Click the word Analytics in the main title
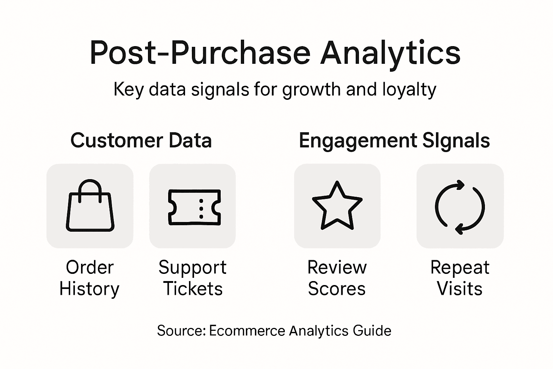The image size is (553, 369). coord(390,53)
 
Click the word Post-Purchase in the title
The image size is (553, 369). coord(200,53)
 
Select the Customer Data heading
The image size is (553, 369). coord(141,140)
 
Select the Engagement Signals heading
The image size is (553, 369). coord(394,141)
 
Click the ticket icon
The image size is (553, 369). coord(194,207)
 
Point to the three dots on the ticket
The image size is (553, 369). coord(201,209)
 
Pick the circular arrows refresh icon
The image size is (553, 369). coord(460,207)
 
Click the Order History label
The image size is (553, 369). coord(89,278)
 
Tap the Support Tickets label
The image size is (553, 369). coord(193,278)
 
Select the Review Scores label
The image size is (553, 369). coord(337,278)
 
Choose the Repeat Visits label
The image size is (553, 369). coord(460,278)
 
